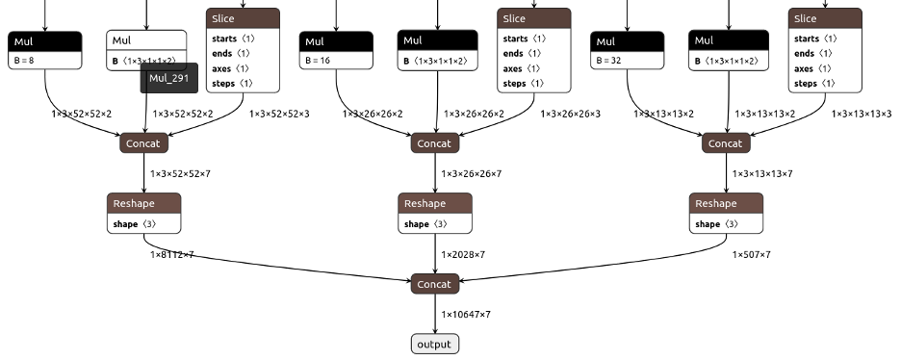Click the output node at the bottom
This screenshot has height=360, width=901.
coord(435,344)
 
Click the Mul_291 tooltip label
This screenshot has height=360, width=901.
coord(168,78)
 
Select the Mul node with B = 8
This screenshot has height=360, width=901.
coord(44,41)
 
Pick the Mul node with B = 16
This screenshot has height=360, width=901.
coord(337,41)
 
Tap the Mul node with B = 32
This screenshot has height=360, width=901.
coord(628,41)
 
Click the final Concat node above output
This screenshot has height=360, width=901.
coord(435,284)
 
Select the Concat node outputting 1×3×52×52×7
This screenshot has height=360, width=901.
coord(145,143)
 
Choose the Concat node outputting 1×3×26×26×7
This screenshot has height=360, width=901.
coord(435,143)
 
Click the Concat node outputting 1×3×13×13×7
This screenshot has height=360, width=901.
coord(726,143)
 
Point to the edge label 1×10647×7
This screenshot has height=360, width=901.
coord(466,315)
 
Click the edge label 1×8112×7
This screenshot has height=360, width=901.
coord(171,255)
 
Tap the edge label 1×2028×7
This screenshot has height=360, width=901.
coord(463,255)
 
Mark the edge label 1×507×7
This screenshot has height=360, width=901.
coord(752,255)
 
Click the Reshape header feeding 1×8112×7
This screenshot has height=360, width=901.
coord(144,203)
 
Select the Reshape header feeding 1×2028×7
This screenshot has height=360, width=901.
coord(435,203)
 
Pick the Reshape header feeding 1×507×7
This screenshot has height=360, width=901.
coord(726,203)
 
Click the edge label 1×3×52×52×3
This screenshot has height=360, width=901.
coord(279,114)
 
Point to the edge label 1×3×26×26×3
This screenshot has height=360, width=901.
coord(571,114)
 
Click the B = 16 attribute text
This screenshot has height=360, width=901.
coord(319,60)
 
